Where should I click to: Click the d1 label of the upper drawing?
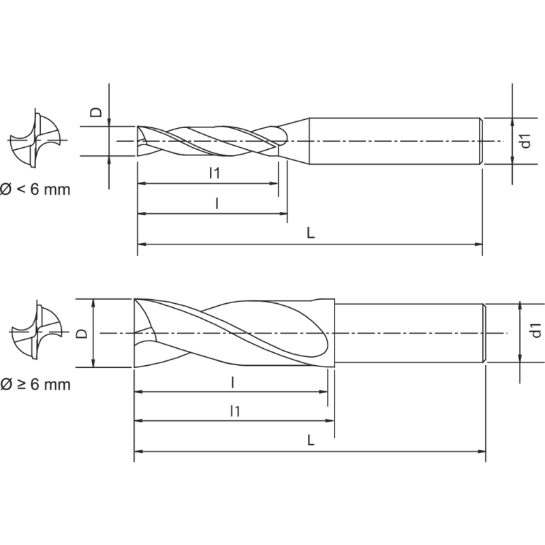click(x=525, y=141)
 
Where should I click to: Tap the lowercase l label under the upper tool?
click(x=216, y=203)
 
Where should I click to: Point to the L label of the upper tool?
click(x=310, y=233)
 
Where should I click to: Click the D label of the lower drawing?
click(x=81, y=333)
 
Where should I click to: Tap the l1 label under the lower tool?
click(x=234, y=410)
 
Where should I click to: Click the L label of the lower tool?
click(x=310, y=440)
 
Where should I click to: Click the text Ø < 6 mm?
click(x=35, y=189)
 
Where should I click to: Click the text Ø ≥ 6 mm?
click(x=35, y=385)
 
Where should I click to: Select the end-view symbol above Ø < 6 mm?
click(x=37, y=140)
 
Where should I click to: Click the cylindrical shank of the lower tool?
click(x=409, y=333)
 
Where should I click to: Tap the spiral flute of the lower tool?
click(x=245, y=333)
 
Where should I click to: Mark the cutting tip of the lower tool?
click(x=140, y=333)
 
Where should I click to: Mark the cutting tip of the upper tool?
click(x=141, y=141)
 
